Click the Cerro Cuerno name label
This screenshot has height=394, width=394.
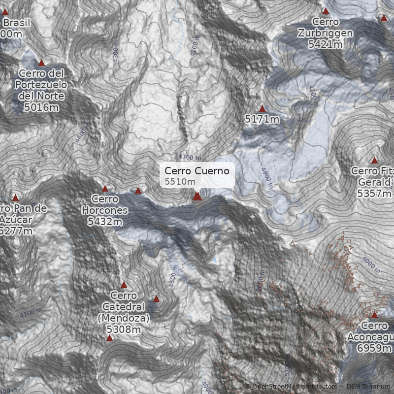(197, 171)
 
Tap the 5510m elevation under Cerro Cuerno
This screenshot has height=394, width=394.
(176, 182)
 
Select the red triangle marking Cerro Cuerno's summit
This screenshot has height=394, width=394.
(197, 197)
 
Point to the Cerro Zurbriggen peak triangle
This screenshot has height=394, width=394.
(326, 11)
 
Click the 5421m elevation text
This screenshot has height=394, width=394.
(326, 44)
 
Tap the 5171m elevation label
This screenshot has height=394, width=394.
(262, 119)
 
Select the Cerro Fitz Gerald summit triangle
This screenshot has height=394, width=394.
(374, 160)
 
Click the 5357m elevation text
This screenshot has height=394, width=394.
(374, 194)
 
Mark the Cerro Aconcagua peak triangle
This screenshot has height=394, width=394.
(374, 315)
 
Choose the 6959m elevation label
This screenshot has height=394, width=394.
(374, 348)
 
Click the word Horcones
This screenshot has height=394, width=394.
(105, 210)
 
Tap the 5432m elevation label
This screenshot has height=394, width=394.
(105, 222)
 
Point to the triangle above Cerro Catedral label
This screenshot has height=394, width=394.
(124, 285)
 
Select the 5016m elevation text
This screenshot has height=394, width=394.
(41, 107)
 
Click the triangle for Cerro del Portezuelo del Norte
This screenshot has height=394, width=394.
(41, 63)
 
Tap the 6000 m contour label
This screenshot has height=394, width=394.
(371, 265)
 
